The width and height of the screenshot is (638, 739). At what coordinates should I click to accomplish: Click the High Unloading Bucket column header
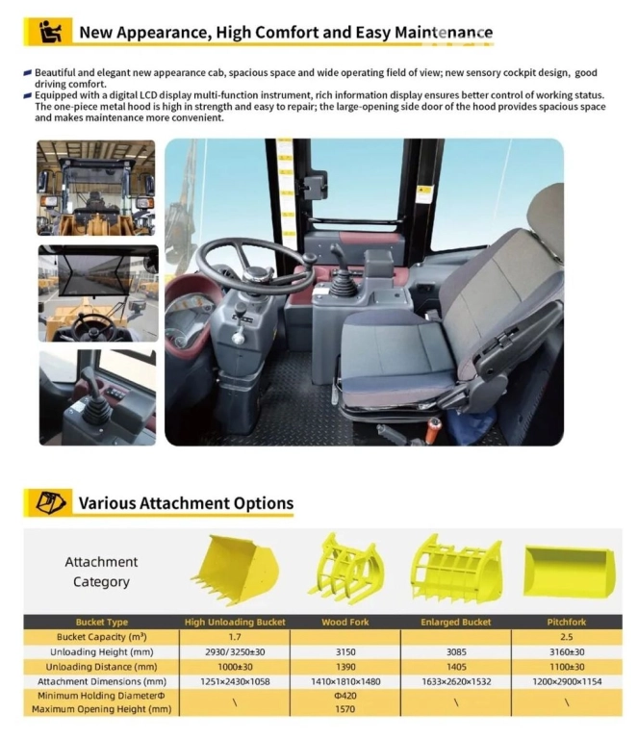pyautogui.click(x=235, y=622)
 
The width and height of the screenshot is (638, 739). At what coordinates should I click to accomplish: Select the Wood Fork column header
pyautogui.click(x=345, y=622)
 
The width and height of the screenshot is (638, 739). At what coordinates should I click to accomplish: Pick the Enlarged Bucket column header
pyautogui.click(x=455, y=622)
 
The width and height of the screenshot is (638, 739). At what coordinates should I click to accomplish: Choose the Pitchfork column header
pyautogui.click(x=568, y=622)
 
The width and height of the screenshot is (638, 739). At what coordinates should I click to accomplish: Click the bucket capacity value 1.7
pyautogui.click(x=235, y=636)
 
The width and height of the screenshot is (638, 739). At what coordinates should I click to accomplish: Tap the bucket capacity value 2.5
pyautogui.click(x=568, y=636)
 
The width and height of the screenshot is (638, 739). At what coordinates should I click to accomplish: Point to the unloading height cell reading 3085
pyautogui.click(x=455, y=651)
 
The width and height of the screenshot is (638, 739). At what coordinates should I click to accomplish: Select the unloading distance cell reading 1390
pyautogui.click(x=345, y=666)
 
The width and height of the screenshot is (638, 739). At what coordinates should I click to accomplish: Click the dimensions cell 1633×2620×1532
pyautogui.click(x=455, y=680)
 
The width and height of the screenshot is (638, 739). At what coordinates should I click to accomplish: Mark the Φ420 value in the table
pyautogui.click(x=345, y=695)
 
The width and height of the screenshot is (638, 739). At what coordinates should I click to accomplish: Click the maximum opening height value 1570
pyautogui.click(x=345, y=709)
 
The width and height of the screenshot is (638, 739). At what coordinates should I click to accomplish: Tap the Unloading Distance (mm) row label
pyautogui.click(x=101, y=666)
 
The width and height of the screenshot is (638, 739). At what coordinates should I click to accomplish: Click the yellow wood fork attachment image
pyautogui.click(x=345, y=570)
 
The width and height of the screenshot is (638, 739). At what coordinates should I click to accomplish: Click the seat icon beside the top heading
pyautogui.click(x=45, y=32)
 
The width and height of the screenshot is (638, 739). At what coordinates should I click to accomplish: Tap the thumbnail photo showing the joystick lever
pyautogui.click(x=96, y=397)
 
